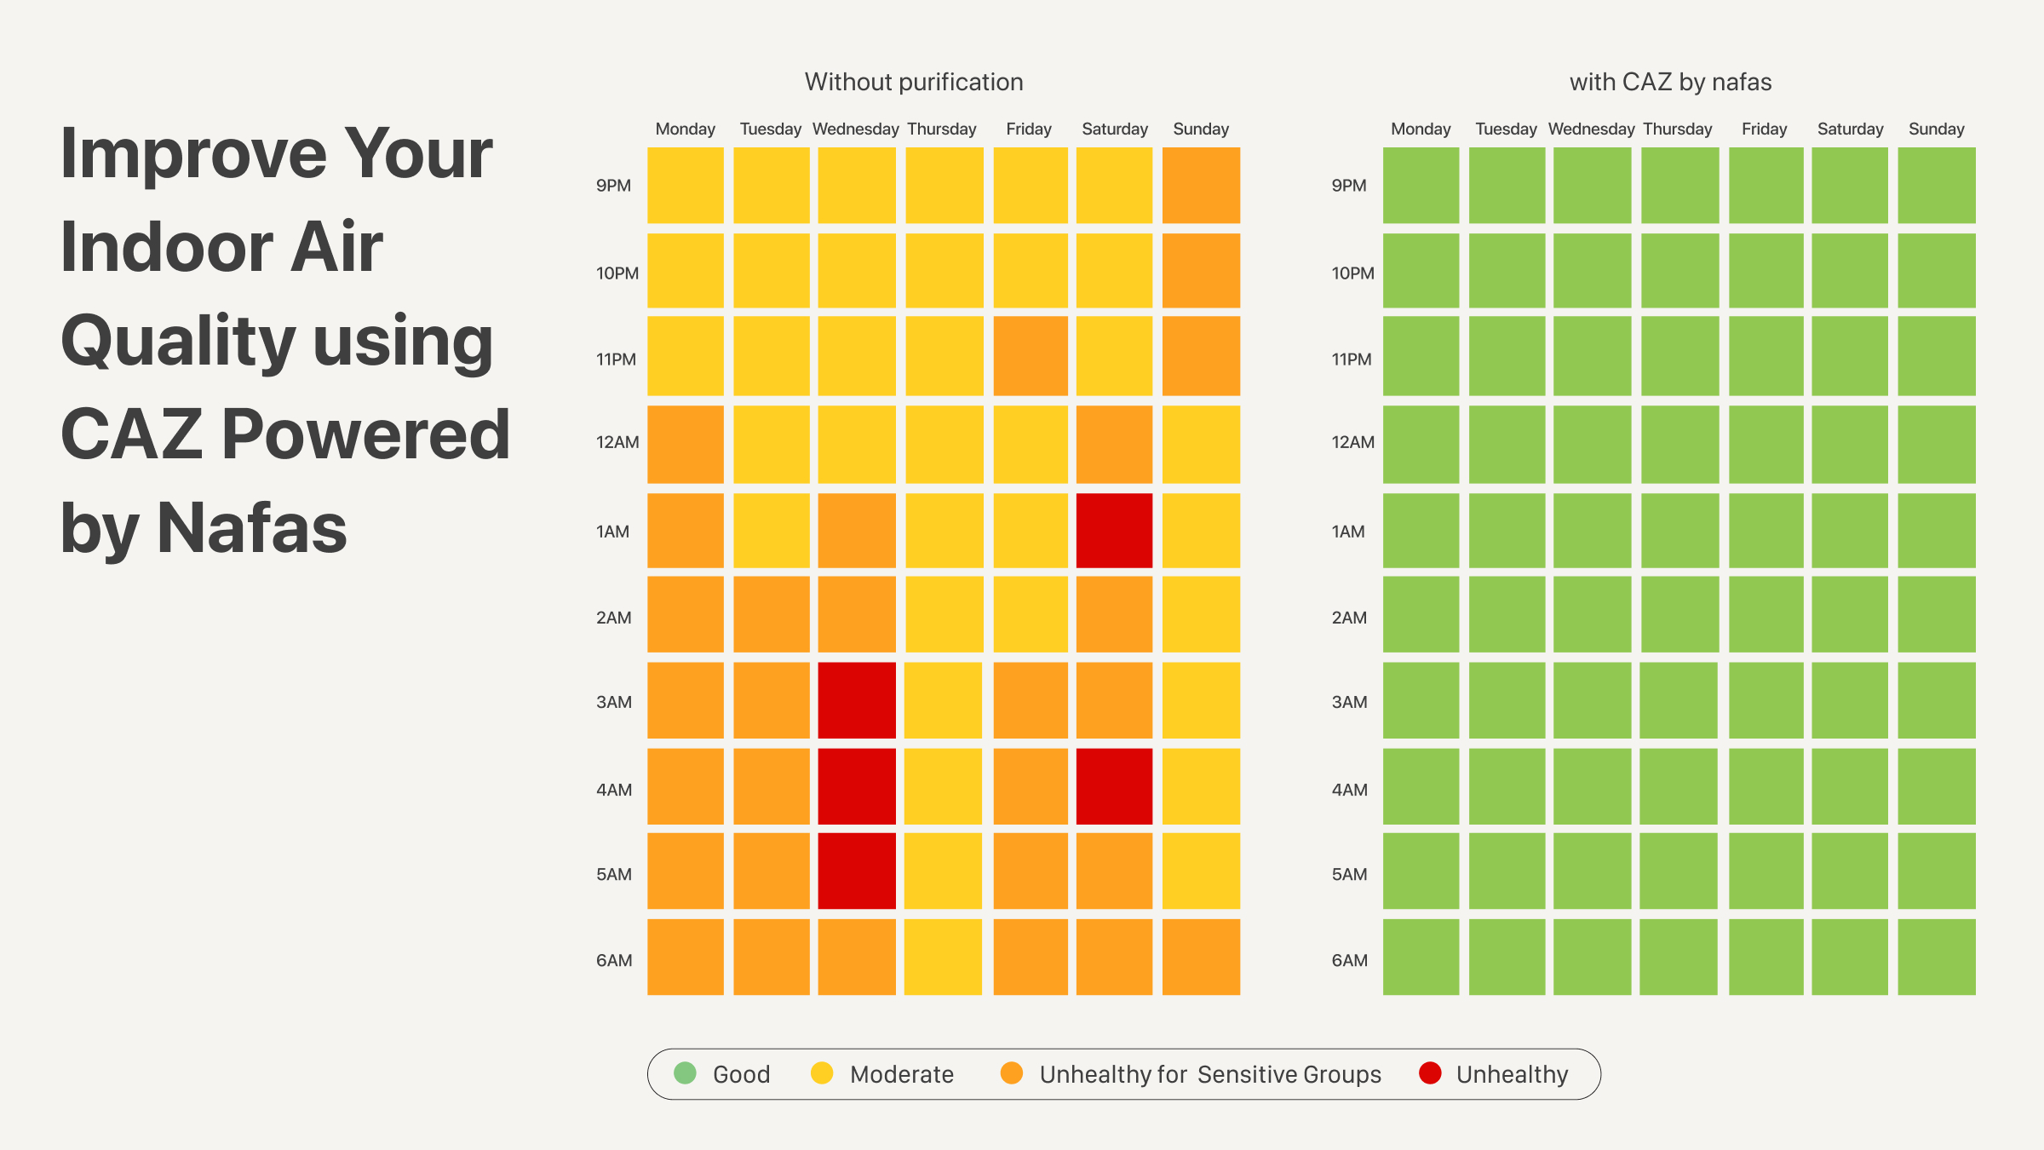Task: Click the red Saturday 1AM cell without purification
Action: click(1114, 530)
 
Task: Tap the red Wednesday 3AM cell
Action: click(857, 700)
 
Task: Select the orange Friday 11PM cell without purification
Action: click(1031, 356)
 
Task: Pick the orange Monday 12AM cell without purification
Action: click(686, 444)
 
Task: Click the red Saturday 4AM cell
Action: click(1114, 786)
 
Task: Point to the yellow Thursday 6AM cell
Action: click(943, 957)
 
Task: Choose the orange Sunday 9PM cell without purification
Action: click(1201, 185)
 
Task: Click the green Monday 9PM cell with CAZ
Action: click(1421, 185)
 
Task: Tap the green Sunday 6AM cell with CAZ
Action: click(1937, 957)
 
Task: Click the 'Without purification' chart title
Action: click(914, 82)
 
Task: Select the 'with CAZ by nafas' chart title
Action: click(1670, 82)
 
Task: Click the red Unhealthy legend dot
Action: click(1430, 1073)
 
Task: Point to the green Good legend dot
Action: click(685, 1073)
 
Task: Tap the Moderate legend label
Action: click(901, 1074)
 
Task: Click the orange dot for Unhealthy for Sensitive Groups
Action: click(1011, 1073)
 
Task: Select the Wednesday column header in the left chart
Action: click(855, 129)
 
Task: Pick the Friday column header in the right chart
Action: click(1764, 129)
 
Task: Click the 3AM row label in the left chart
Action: click(614, 702)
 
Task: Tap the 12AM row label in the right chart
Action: click(1352, 442)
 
